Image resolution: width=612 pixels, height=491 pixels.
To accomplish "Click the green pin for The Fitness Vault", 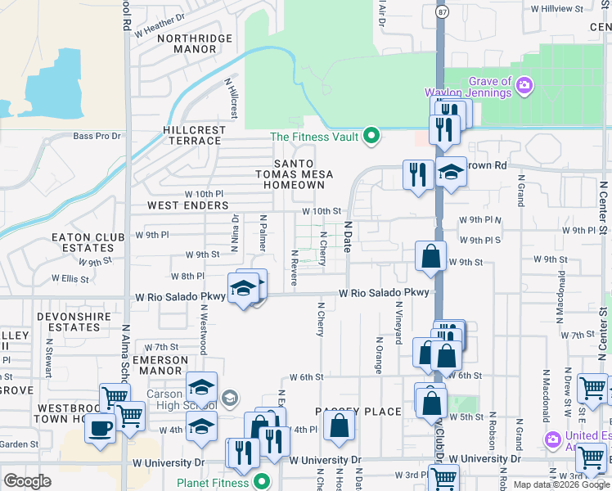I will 371,136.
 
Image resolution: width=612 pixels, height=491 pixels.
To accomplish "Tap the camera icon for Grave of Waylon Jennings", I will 524,84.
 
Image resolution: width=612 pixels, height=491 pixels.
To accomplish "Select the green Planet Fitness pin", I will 262,480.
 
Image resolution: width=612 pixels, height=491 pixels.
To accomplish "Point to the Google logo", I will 27,480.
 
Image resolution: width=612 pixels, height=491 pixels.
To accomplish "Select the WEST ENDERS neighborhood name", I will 182,205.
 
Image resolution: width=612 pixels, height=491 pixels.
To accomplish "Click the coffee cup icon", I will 101,427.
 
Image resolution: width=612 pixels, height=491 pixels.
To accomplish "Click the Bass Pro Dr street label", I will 97,136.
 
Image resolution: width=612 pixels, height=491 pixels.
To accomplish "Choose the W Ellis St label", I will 70,279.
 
